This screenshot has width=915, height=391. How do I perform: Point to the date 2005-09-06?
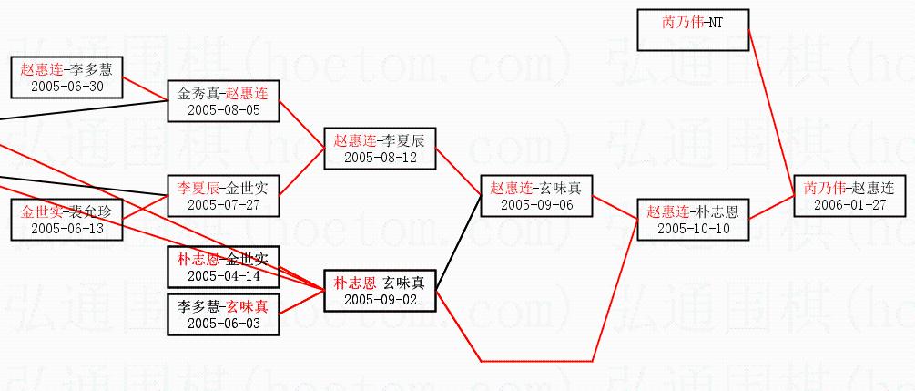[536, 204]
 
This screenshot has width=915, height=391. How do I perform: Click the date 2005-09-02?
[380, 299]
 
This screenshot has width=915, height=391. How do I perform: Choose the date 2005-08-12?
[380, 157]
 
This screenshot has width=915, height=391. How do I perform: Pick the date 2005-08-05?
[223, 109]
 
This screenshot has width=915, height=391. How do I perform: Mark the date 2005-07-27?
[223, 204]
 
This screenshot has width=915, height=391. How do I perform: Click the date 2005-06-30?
[66, 86]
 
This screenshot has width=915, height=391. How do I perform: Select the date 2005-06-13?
[66, 228]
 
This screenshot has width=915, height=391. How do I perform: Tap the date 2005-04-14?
[223, 275]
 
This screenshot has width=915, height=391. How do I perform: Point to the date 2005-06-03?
[223, 323]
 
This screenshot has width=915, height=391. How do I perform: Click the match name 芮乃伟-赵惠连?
[849, 188]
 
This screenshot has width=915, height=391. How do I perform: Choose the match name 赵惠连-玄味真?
[536, 188]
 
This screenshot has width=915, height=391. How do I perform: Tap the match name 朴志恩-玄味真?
[380, 283]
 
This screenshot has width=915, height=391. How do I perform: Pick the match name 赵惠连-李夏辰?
[380, 140]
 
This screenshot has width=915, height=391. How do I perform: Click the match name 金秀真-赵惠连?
[223, 93]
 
